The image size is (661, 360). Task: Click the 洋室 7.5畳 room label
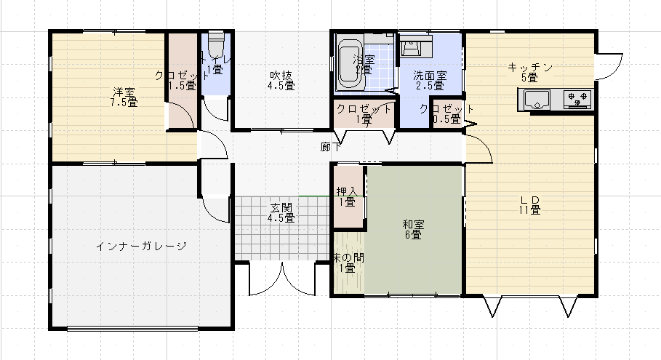pyautogui.click(x=124, y=97)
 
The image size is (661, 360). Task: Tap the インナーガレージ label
pyautogui.click(x=141, y=246)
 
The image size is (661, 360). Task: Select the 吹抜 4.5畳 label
pyautogui.click(x=281, y=79)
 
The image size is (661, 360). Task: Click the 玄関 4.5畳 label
pyautogui.click(x=281, y=212)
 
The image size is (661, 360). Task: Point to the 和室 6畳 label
pyautogui.click(x=412, y=229)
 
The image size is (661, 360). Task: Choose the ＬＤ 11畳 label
pyautogui.click(x=529, y=204)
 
